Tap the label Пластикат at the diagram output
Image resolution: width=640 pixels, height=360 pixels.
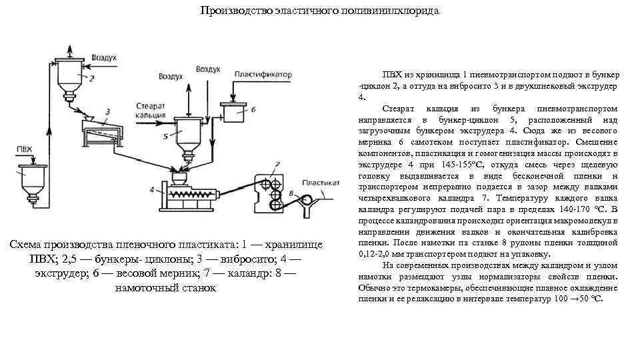click(x=321, y=182)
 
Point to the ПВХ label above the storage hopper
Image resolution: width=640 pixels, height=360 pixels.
click(x=25, y=149)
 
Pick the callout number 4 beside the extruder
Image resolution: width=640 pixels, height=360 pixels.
click(x=152, y=190)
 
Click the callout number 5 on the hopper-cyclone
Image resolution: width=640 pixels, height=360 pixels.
click(x=164, y=135)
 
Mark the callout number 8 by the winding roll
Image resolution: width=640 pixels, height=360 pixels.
click(x=292, y=194)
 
